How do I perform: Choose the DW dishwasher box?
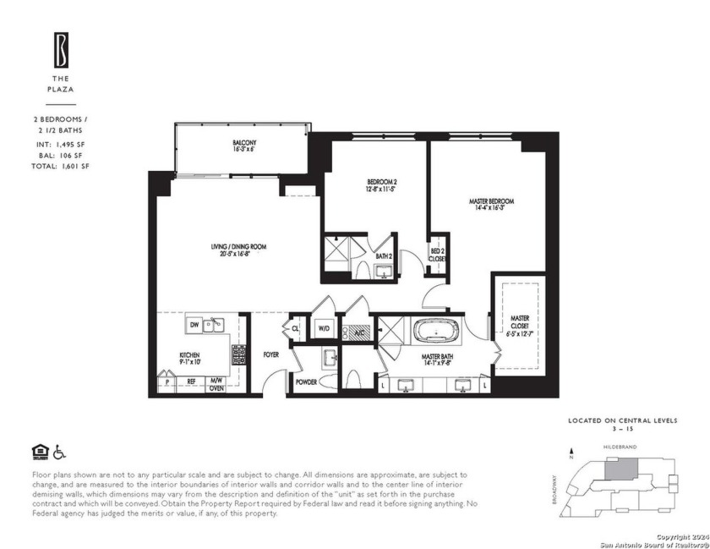point(194,324)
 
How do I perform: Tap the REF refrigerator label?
point(191,382)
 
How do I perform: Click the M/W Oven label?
point(216,385)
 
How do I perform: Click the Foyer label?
point(270,356)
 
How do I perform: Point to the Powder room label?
point(306,382)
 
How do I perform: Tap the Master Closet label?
point(520,325)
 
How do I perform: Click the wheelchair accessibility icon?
point(59,451)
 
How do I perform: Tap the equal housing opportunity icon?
point(39,451)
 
